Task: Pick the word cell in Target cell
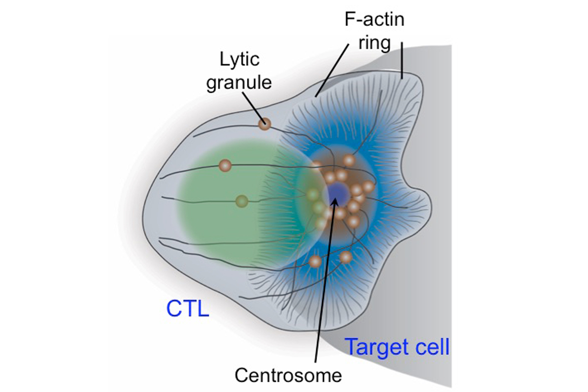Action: pos(431,347)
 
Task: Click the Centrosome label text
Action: pos(288,375)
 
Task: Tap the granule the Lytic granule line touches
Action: pos(265,124)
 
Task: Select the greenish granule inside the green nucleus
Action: pos(242,201)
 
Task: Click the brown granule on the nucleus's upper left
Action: pos(225,165)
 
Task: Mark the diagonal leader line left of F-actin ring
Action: pos(333,69)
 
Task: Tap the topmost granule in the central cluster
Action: pos(348,160)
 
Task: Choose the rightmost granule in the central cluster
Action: pos(368,187)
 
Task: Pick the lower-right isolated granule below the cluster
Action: pos(346,257)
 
